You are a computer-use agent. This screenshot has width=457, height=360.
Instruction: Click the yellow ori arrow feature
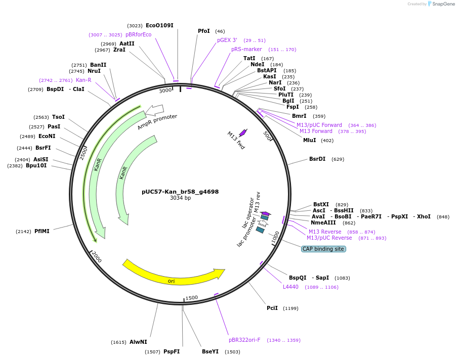(x=172, y=276)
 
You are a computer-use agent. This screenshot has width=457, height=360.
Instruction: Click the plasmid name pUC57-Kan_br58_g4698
(x=180, y=192)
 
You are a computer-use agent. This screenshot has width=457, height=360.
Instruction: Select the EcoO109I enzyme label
(x=159, y=25)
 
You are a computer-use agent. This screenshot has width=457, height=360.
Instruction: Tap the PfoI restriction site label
(x=203, y=31)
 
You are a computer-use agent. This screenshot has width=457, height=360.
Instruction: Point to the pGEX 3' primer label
(x=227, y=40)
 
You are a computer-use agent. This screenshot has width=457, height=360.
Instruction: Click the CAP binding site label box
(x=323, y=249)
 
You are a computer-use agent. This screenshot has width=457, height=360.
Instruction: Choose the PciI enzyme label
(x=272, y=308)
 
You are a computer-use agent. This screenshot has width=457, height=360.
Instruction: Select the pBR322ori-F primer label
(x=244, y=340)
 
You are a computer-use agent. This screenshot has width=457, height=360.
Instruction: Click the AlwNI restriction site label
(x=138, y=342)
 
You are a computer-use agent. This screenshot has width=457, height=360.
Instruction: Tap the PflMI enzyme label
(x=41, y=231)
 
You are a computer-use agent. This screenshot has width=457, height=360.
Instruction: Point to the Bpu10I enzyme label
(x=36, y=165)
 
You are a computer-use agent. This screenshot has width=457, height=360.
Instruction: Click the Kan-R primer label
(x=84, y=80)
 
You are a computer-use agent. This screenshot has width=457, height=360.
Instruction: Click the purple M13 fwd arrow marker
(x=243, y=132)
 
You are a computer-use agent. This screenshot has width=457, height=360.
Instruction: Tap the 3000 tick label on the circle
(x=165, y=91)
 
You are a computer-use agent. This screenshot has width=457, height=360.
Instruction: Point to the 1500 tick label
(x=191, y=298)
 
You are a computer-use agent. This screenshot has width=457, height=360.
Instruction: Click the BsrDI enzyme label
(x=317, y=159)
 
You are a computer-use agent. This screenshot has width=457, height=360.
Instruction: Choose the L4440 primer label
(x=290, y=287)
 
